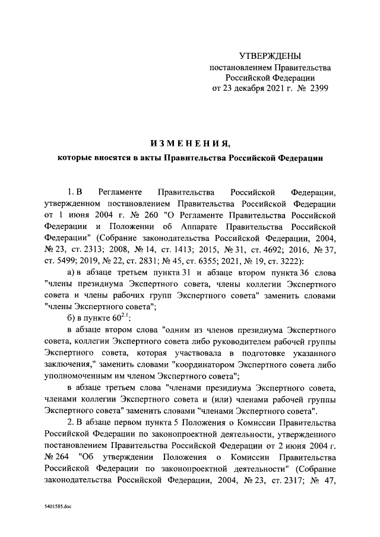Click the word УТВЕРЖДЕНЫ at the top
(270, 56)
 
